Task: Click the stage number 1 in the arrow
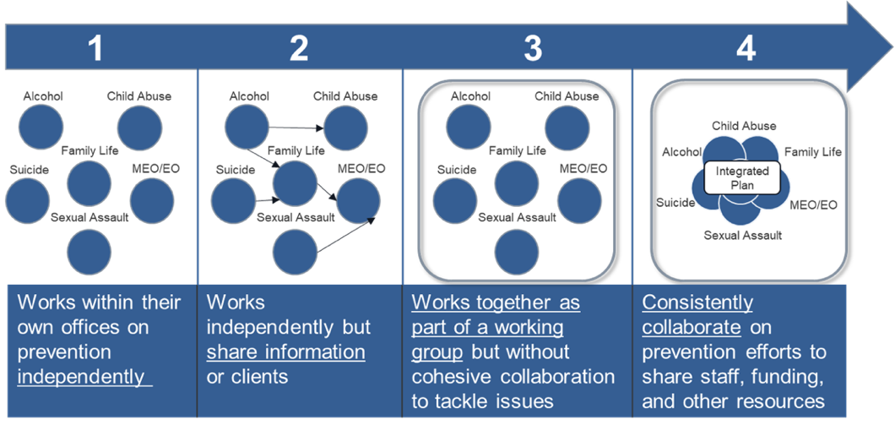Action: [x=95, y=49]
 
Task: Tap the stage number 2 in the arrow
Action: [x=298, y=49]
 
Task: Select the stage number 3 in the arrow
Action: [x=532, y=49]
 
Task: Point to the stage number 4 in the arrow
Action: [x=746, y=49]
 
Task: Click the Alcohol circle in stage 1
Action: [x=41, y=126]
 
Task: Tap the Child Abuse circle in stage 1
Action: [x=139, y=126]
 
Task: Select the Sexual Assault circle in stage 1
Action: [x=89, y=250]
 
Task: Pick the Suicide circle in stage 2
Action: [x=232, y=200]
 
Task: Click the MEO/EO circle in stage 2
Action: [x=358, y=199]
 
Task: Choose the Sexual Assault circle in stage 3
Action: [x=517, y=251]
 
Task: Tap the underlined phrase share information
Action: [x=285, y=351]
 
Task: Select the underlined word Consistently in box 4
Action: [x=697, y=302]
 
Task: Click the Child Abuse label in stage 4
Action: [x=743, y=126]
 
